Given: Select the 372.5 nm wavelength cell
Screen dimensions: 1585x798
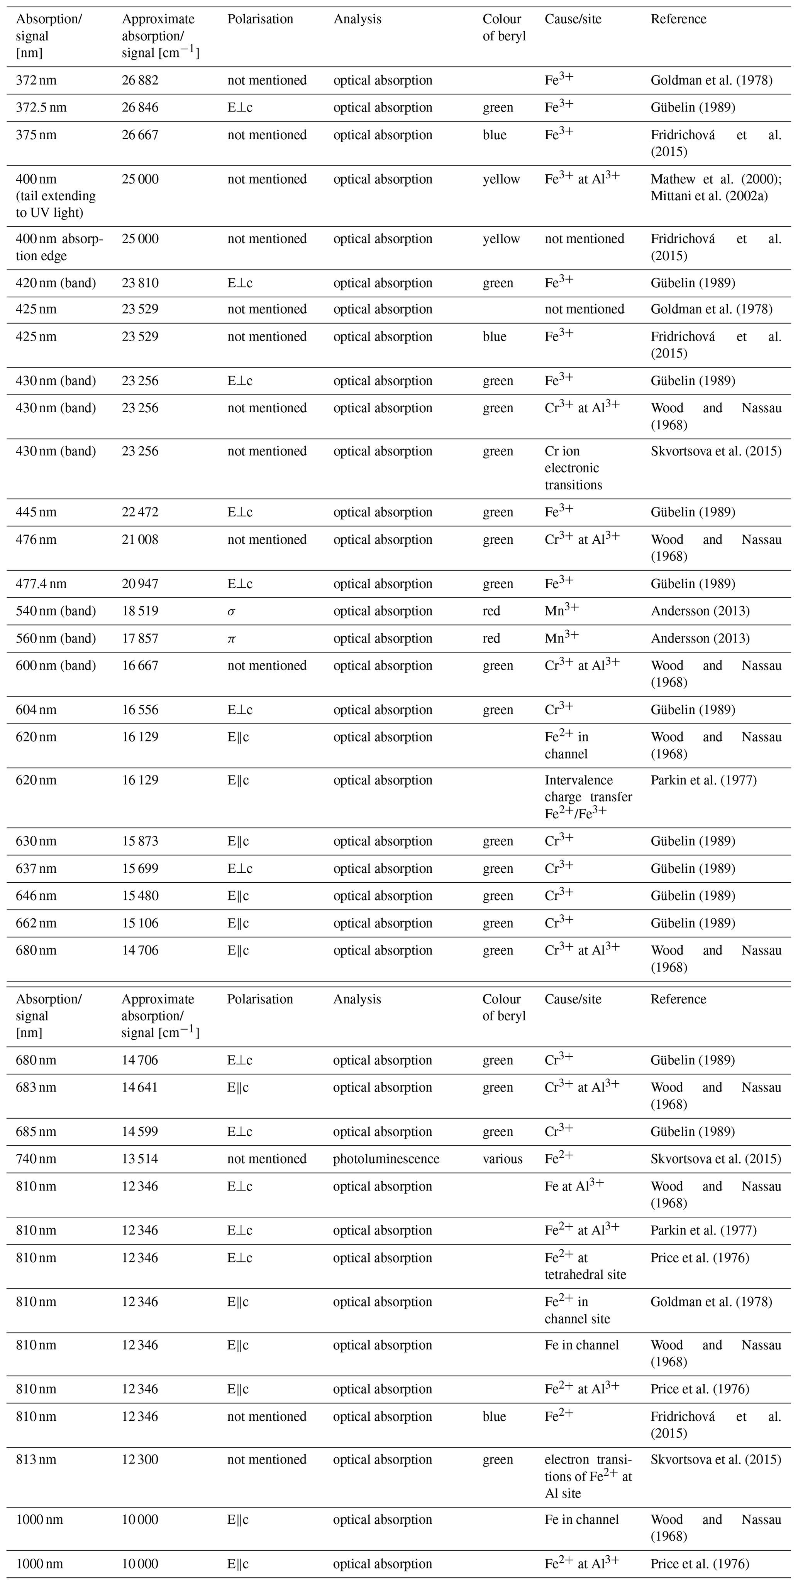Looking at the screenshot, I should click(41, 108).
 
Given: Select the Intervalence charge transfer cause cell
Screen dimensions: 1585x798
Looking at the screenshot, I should click(588, 797).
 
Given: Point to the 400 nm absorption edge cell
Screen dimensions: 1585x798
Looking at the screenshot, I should click(59, 247).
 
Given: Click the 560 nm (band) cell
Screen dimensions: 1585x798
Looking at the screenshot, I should click(56, 639).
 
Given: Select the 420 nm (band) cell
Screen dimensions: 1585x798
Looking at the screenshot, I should click(56, 284).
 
